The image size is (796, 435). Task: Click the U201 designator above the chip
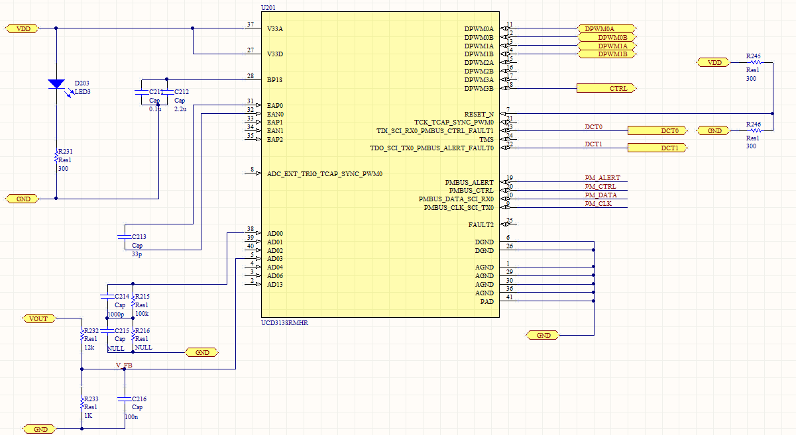[269, 7]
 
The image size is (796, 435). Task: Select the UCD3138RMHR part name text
[285, 322]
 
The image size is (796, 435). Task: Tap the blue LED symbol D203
[56, 84]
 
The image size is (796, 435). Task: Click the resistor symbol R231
[56, 156]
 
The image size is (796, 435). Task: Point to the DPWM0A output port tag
[606, 29]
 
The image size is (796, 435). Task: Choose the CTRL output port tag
[606, 88]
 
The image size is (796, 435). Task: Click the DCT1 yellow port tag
[657, 148]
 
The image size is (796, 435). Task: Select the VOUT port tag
[38, 318]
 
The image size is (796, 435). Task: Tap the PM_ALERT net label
[602, 178]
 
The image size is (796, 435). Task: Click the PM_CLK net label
[598, 204]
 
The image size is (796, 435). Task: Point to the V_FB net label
[124, 365]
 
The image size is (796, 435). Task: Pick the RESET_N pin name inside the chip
[479, 114]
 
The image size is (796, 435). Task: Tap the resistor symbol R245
[753, 62]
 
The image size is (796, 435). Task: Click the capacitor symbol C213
[123, 236]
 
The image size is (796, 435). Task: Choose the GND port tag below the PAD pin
[543, 335]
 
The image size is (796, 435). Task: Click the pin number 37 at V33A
[250, 24]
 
